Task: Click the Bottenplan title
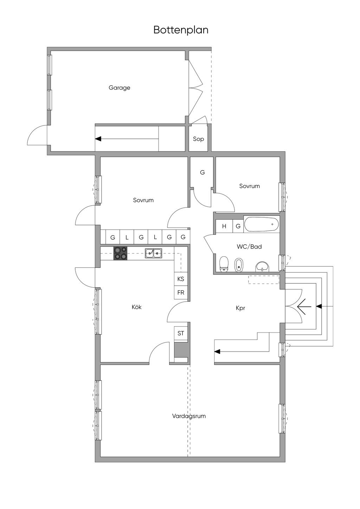(181, 30)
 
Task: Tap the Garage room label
(119, 88)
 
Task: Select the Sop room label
(198, 139)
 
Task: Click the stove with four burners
(120, 253)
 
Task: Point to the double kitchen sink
(153, 253)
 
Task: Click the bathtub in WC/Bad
(261, 224)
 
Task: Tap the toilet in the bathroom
(224, 264)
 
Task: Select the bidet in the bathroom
(238, 265)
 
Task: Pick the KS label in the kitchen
(181, 279)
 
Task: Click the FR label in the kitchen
(181, 292)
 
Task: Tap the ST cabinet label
(181, 333)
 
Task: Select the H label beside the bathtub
(224, 226)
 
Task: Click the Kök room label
(137, 307)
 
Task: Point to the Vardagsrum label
(189, 416)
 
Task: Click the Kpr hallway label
(240, 308)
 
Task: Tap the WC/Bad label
(249, 246)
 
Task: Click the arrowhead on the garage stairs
(98, 138)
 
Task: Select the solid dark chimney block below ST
(181, 349)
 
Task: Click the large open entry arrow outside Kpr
(304, 307)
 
